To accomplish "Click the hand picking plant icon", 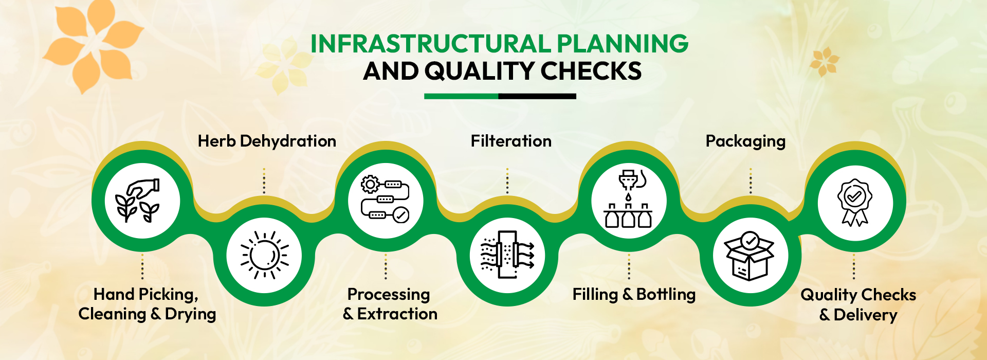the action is (137, 201).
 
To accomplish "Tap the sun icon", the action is (264, 255).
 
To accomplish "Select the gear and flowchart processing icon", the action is (386, 200).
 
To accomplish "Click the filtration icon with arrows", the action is (507, 255).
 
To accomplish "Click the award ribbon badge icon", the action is (854, 202).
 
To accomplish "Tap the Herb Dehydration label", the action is (267, 141).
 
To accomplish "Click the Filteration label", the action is (511, 141).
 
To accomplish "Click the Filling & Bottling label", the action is (634, 295).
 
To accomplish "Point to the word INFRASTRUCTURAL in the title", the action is (431, 44).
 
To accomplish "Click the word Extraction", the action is (397, 314).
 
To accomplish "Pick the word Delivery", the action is (865, 315).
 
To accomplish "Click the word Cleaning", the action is (112, 314).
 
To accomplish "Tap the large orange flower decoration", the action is (93, 46).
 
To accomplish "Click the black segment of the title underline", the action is (537, 96).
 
